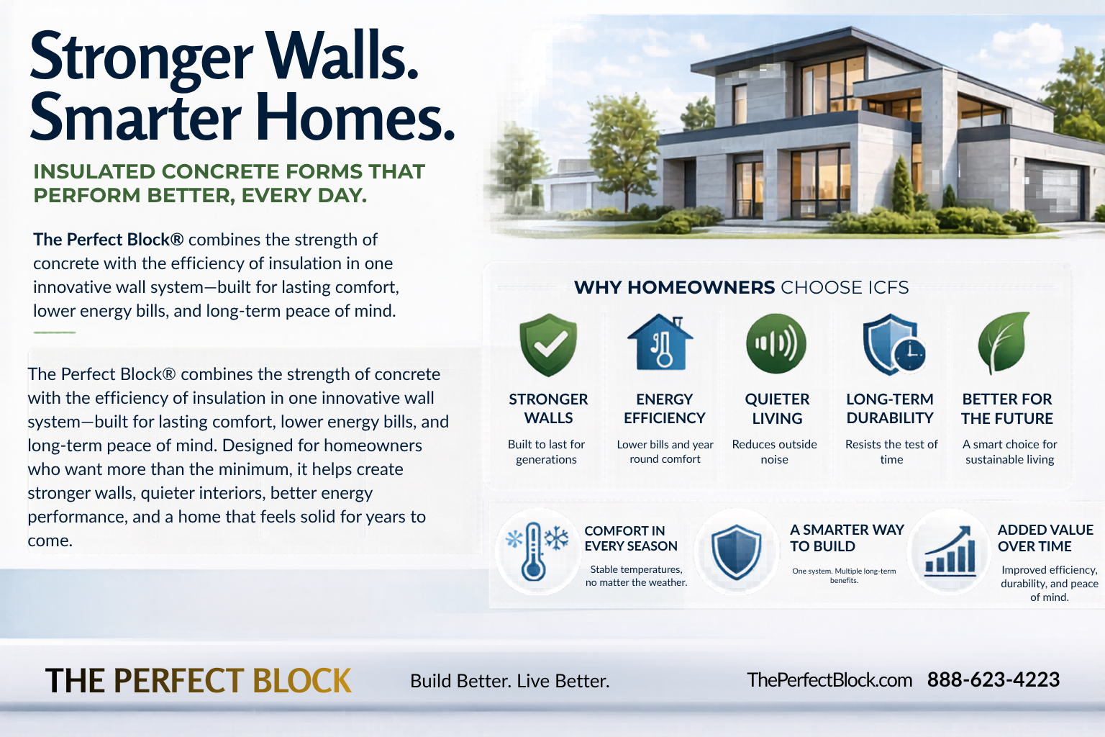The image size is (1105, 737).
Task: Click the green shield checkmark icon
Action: (548, 345)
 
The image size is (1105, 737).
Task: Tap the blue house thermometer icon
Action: (660, 342)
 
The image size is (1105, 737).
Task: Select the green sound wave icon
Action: (776, 343)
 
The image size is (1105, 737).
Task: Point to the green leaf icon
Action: (1003, 342)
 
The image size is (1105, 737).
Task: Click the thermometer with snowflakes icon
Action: (537, 551)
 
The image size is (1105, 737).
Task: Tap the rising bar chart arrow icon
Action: (950, 551)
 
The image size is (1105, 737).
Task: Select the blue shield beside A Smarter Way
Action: (737, 552)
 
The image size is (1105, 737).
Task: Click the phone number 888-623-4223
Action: (993, 679)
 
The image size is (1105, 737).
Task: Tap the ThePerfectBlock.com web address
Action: (829, 679)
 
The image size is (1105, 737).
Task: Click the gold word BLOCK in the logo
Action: (302, 681)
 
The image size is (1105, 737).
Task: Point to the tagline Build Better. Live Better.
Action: (510, 681)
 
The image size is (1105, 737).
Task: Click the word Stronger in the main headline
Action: (142, 58)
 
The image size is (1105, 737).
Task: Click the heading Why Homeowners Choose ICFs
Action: (741, 287)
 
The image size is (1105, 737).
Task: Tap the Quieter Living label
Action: (777, 409)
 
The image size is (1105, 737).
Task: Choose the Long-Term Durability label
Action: (890, 408)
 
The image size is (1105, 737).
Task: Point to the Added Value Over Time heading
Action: (1045, 538)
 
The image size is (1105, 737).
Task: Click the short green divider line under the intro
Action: (54, 333)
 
